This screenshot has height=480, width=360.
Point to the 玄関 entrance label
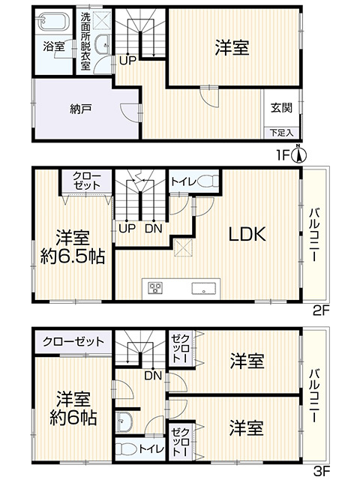click(x=281, y=107)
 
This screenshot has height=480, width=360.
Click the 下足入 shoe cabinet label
click(x=281, y=133)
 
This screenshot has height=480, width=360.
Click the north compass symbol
click(x=299, y=154)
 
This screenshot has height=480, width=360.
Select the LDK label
click(x=247, y=234)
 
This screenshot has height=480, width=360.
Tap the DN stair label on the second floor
click(x=152, y=228)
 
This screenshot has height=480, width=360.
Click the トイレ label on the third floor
click(x=148, y=448)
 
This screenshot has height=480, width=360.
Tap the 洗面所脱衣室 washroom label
click(x=86, y=40)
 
